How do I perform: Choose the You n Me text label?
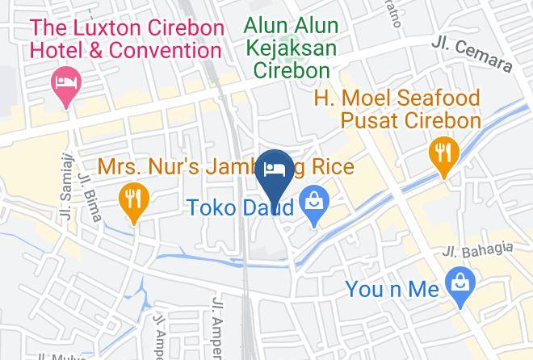coord(392,288)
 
